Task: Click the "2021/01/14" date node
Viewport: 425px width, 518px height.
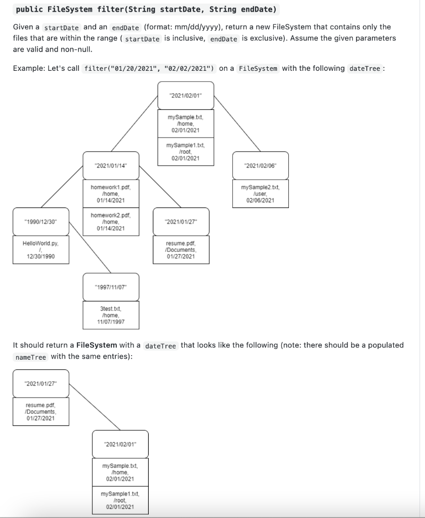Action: pyautogui.click(x=111, y=165)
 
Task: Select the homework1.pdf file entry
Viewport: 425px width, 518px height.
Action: pyautogui.click(x=111, y=194)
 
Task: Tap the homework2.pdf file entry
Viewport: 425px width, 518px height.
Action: pyautogui.click(x=111, y=222)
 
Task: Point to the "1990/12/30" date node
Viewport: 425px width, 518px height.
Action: pyautogui.click(x=41, y=222)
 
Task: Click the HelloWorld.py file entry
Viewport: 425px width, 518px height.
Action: pyautogui.click(x=41, y=250)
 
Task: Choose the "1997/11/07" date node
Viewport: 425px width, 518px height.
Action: pyautogui.click(x=111, y=287)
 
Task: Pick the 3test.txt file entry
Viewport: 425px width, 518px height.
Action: pyautogui.click(x=111, y=315)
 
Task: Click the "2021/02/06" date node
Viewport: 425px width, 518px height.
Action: pyautogui.click(x=260, y=165)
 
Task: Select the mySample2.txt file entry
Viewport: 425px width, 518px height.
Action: pyautogui.click(x=260, y=194)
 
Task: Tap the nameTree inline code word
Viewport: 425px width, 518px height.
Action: pyautogui.click(x=31, y=357)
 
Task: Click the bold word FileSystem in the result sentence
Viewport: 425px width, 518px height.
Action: pyautogui.click(x=97, y=345)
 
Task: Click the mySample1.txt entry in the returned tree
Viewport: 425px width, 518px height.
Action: pyautogui.click(x=120, y=500)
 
